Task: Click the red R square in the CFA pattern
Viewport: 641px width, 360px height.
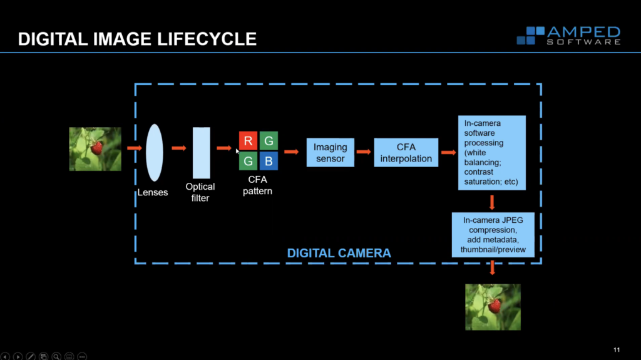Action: [x=248, y=141]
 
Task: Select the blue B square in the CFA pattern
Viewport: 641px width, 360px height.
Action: [x=269, y=161]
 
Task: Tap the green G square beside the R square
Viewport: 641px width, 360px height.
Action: [x=269, y=141]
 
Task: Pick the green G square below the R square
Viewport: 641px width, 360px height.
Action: [x=248, y=161]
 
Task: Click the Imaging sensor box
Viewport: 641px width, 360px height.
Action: [x=331, y=153]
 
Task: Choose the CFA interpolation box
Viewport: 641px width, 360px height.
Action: [x=406, y=153]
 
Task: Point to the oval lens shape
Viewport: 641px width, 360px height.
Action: [x=155, y=153]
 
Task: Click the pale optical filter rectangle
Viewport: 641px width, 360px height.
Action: [x=202, y=153]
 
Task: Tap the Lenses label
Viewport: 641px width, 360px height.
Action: [x=153, y=192]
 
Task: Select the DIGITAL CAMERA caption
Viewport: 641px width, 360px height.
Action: [x=339, y=253]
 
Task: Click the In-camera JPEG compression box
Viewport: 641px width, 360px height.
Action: [x=493, y=235]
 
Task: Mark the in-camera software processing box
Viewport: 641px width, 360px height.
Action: [x=492, y=153]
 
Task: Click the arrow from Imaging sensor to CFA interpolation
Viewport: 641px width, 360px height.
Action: [x=364, y=152]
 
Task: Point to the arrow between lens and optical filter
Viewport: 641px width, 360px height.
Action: [x=178, y=148]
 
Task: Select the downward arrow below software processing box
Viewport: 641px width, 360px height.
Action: [x=492, y=202]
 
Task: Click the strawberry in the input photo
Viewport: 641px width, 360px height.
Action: [x=96, y=148]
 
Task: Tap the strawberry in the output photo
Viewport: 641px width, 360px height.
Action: [x=495, y=306]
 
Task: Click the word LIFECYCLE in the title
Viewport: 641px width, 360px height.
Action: [x=207, y=39]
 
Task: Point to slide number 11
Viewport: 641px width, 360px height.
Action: [x=617, y=350]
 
